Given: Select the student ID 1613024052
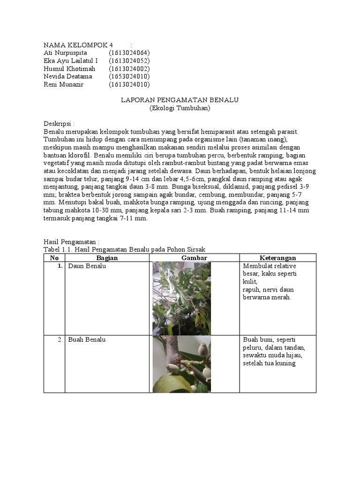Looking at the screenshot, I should (129, 61).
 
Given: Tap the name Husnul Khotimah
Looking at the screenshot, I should (69, 69).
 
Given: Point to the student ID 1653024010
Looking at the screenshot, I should (129, 76).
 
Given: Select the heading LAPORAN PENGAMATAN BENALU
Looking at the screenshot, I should (180, 100).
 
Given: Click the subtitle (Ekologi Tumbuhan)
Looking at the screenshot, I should (180, 108).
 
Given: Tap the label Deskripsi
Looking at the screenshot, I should (59, 124).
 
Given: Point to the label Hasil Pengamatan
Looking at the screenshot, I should (71, 242).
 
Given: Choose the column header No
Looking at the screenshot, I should (54, 258).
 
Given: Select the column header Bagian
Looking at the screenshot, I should (107, 258).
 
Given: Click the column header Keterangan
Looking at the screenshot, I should (278, 258).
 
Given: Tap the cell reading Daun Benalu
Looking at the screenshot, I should (87, 266).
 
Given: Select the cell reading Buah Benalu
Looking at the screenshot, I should (87, 340).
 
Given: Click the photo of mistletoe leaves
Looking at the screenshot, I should (182, 298).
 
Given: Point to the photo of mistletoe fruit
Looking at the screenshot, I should (182, 364).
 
